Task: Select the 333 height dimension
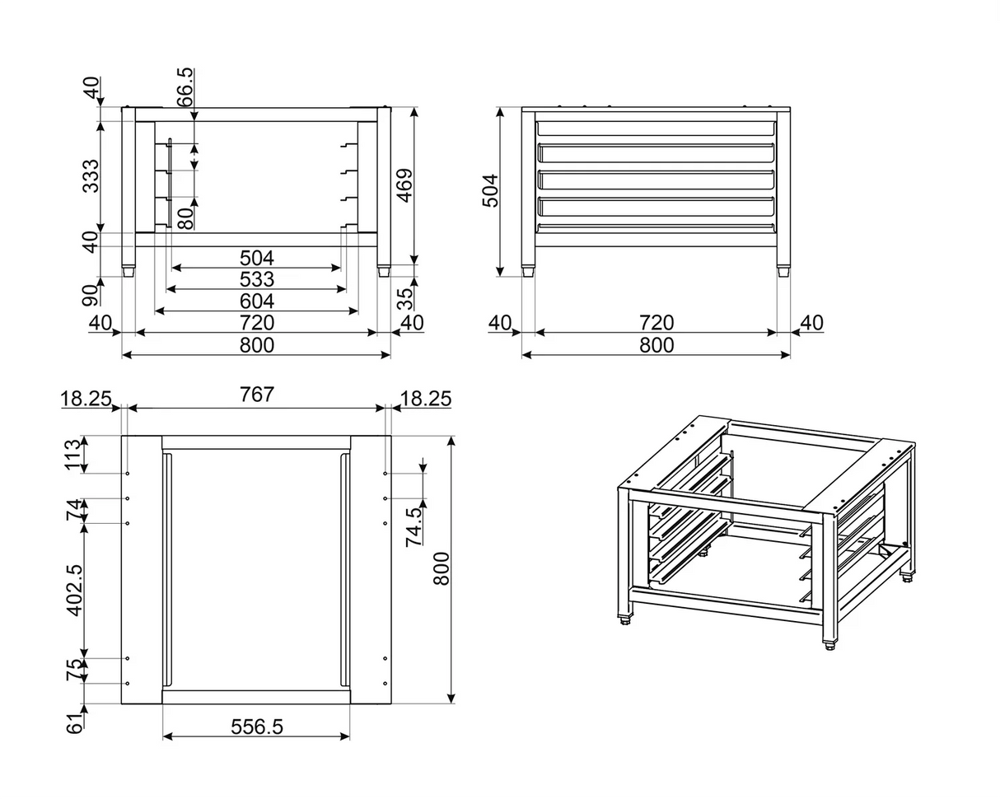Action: (91, 175)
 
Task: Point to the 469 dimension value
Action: (404, 185)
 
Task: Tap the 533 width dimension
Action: (256, 279)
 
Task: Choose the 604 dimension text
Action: (256, 301)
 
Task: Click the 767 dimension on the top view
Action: (256, 395)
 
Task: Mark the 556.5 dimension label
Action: (256, 727)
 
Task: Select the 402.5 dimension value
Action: (74, 590)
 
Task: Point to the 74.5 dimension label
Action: (414, 526)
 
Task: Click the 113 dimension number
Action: (74, 455)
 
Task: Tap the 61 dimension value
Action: (74, 724)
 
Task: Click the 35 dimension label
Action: (404, 297)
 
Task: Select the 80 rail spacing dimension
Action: (186, 217)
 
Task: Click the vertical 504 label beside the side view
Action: (490, 190)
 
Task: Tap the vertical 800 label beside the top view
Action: (442, 568)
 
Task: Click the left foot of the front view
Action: (129, 270)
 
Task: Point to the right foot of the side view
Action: (783, 270)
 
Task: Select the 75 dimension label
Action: (74, 670)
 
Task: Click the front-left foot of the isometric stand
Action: (624, 619)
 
